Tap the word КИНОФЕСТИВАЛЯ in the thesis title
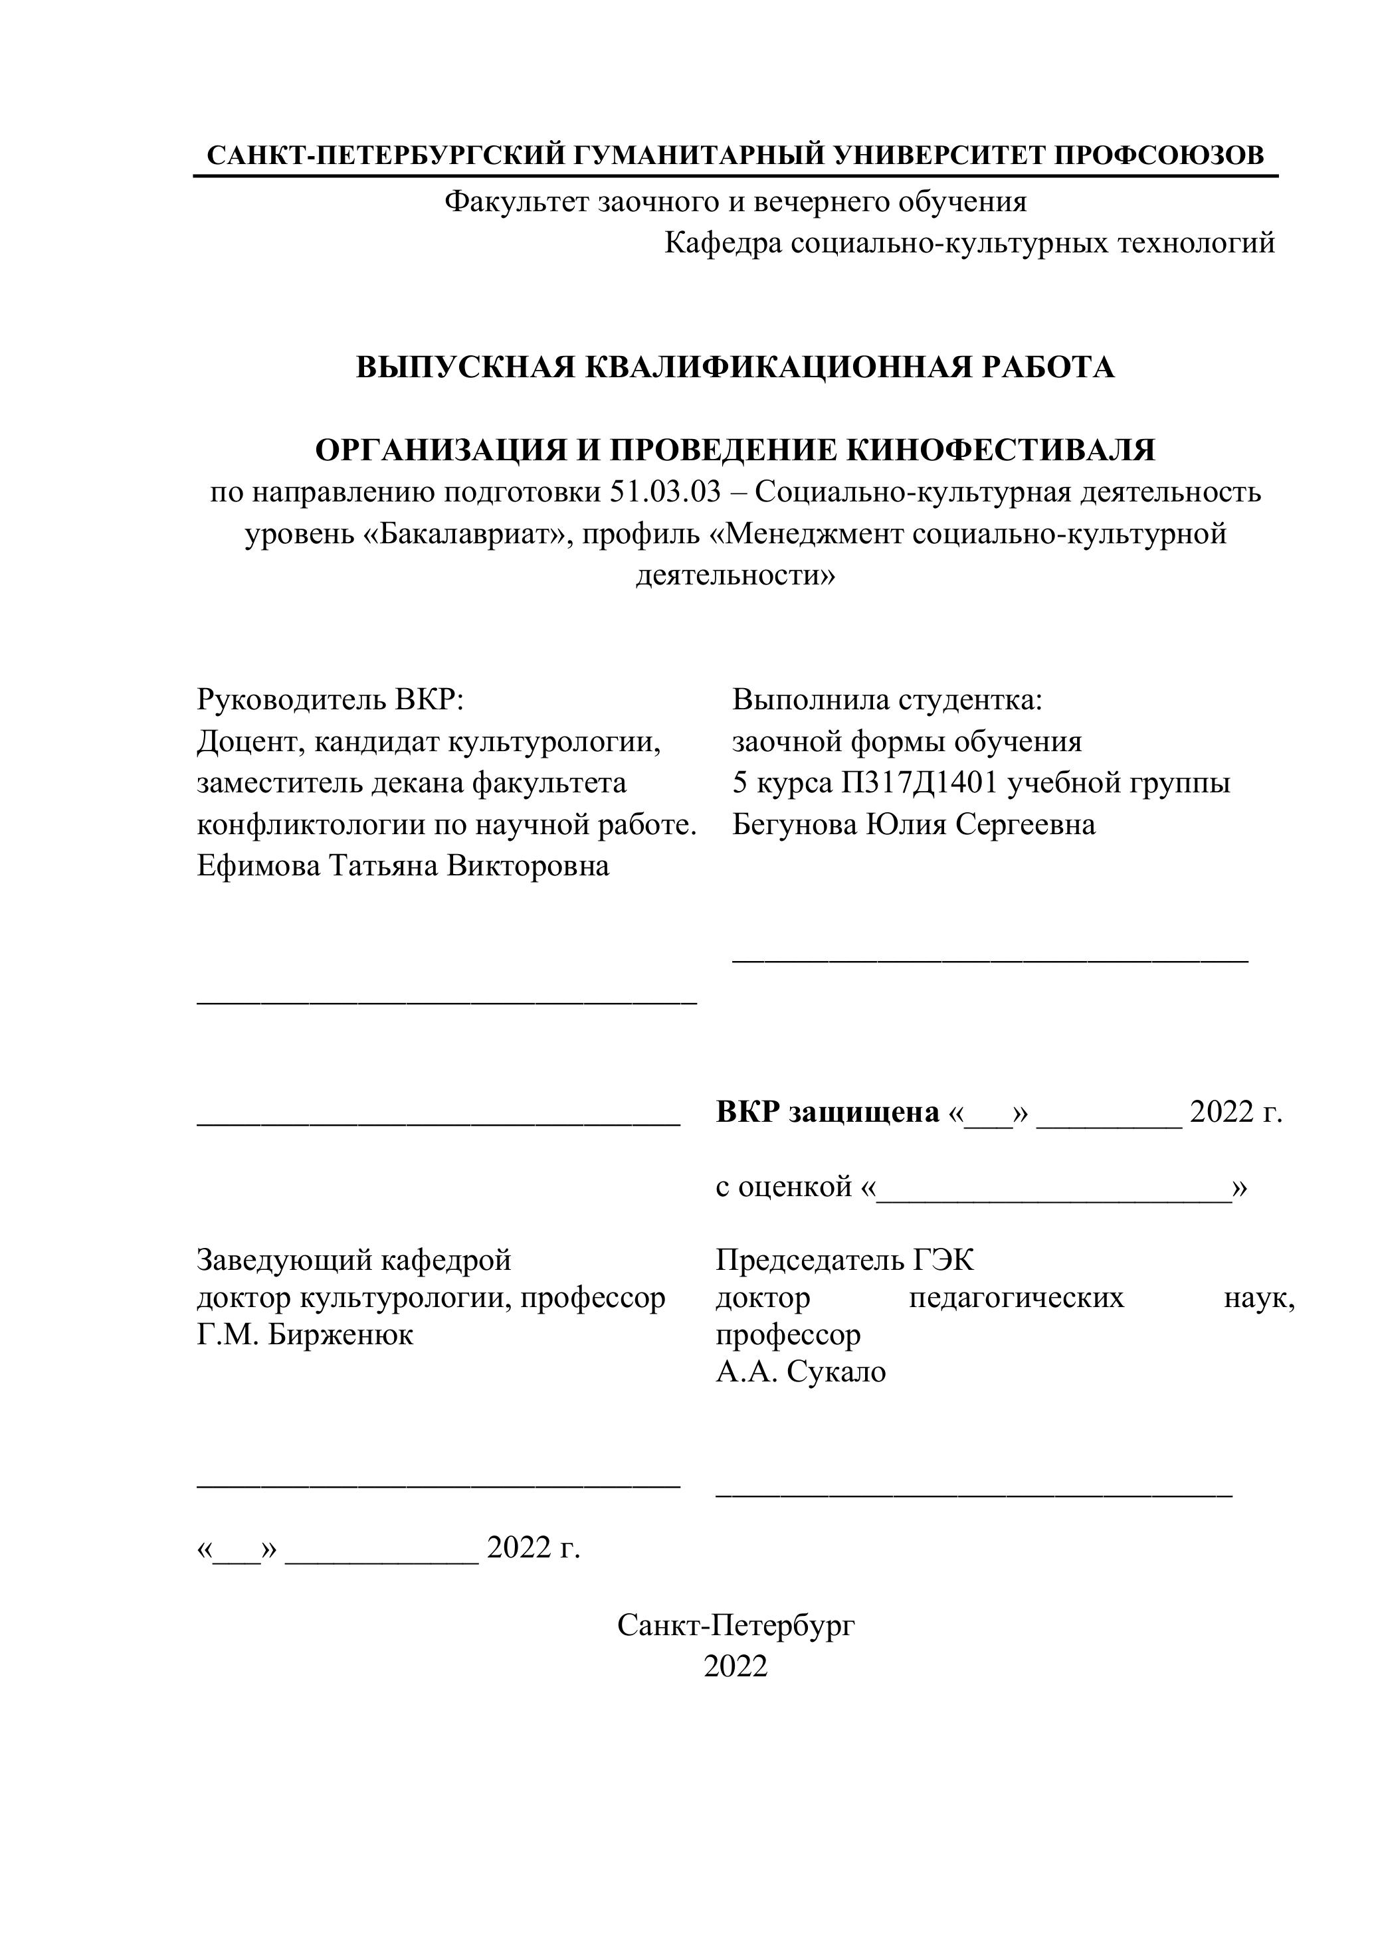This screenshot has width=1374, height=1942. point(1001,450)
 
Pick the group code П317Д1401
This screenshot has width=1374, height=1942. point(924,783)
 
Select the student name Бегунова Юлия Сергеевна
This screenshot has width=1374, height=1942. point(913,825)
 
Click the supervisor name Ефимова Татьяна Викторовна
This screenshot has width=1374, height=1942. point(403,866)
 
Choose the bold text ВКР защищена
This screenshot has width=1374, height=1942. point(827,1112)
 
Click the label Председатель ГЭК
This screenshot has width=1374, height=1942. point(844,1261)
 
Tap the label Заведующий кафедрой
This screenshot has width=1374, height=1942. point(353,1261)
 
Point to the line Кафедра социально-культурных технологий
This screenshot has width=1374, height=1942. point(969,244)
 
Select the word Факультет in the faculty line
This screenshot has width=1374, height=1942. point(517,202)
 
